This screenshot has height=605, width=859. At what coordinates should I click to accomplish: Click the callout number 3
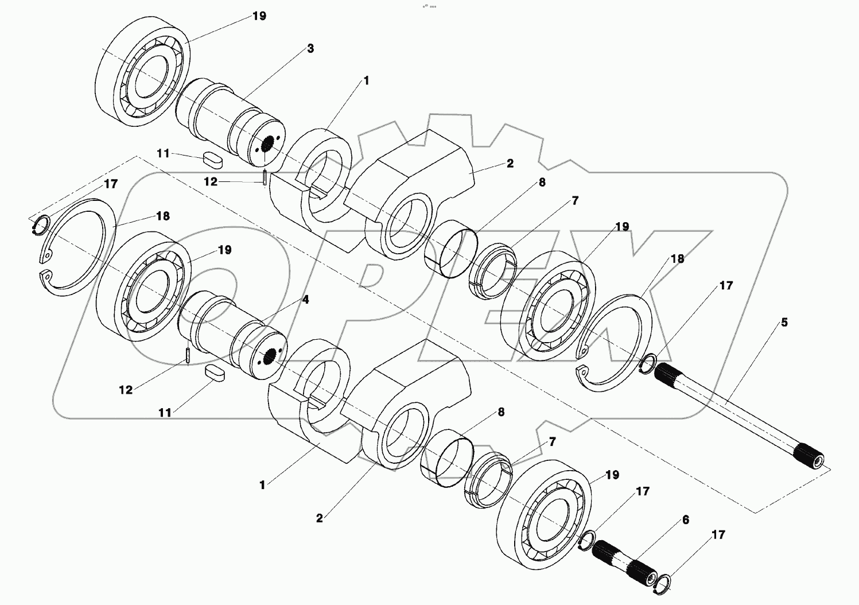click(310, 49)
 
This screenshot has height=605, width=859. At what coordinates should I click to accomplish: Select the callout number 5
click(784, 323)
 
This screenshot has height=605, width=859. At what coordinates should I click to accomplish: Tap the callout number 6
click(685, 520)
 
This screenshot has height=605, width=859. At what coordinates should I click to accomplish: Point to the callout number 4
click(305, 300)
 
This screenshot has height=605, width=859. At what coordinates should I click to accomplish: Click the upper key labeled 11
click(212, 160)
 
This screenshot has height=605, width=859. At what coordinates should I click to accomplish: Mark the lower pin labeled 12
click(188, 355)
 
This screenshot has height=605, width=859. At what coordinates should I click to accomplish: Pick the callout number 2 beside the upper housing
click(510, 164)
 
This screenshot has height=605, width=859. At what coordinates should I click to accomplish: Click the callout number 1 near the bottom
click(262, 485)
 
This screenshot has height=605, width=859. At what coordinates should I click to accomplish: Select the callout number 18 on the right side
click(677, 259)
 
